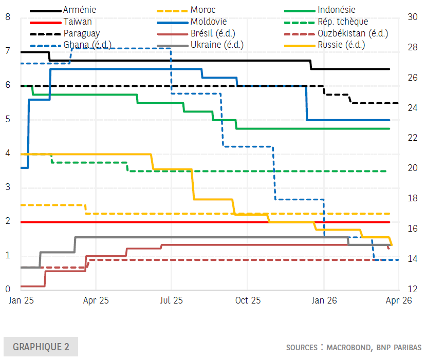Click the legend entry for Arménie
coord(80,10)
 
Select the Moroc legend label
coord(202,10)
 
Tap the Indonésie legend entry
coord(336,10)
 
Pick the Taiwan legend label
coord(78,22)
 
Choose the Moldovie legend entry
coord(208,22)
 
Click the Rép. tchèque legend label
coord(342,22)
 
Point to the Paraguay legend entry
coord(82,33)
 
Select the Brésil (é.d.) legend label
coord(212,33)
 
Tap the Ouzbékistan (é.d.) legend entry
coord(353,33)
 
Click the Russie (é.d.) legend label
coord(341,45)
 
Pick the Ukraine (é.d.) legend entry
coord(216,45)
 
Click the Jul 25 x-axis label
coord(171,300)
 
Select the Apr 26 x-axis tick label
coord(399,300)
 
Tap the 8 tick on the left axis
coord(8,16)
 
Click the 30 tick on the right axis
coord(412,16)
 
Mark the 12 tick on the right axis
coord(412,289)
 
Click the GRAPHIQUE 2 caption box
coord(41,347)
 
